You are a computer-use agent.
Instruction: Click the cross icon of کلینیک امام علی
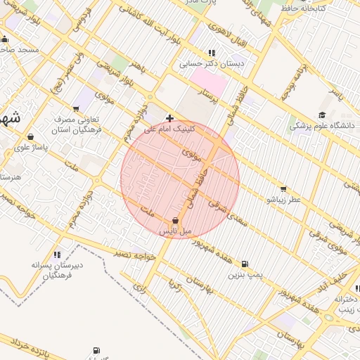169,118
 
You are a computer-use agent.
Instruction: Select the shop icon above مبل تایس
175,220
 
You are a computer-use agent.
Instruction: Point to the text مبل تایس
175,231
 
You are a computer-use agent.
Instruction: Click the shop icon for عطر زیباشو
283,188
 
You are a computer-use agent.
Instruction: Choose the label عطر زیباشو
283,200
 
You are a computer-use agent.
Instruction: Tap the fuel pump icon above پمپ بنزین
245,264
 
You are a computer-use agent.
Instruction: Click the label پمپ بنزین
245,274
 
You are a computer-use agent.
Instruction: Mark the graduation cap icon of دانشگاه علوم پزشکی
322,115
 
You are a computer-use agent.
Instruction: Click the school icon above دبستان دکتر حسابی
211,53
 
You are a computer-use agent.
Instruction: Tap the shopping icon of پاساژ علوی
30,137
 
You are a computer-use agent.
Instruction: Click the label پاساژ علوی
30,148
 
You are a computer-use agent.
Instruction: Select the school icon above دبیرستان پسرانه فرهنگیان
56,254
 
